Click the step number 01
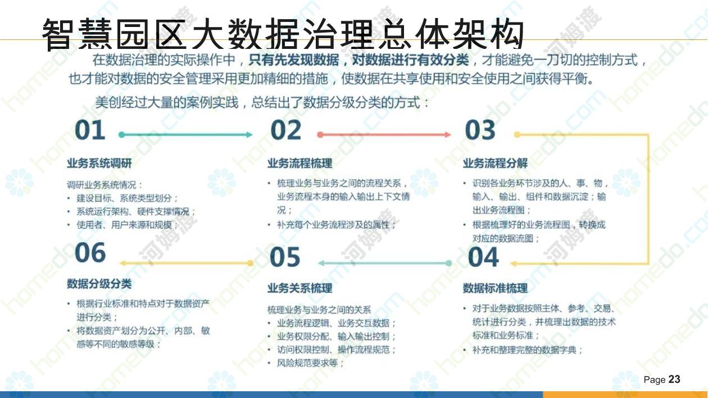(90, 130)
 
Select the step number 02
(285, 130)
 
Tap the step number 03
(480, 130)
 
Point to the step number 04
(483, 257)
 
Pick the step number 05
(285, 257)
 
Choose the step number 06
(90, 252)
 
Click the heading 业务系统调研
(99, 164)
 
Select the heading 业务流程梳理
(299, 164)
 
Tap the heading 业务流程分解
(495, 164)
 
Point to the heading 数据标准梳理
(495, 288)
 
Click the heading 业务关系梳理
(299, 288)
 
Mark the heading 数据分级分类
(99, 283)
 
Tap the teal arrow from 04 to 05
(385, 263)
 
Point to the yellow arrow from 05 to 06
(187, 263)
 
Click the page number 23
(674, 379)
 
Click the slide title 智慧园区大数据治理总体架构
(283, 34)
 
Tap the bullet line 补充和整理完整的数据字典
(523, 350)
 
